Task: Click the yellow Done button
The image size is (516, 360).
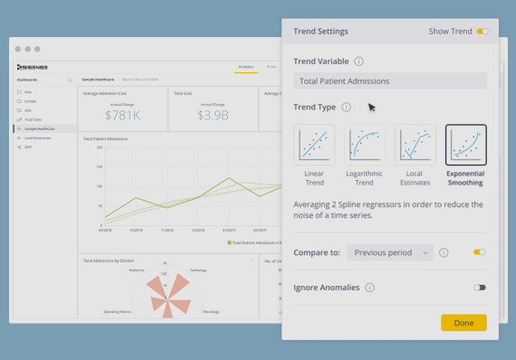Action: [x=463, y=322]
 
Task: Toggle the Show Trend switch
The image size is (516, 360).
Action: [x=482, y=32]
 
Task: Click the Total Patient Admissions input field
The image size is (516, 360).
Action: [x=389, y=81]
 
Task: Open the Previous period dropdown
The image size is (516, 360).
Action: [x=389, y=252]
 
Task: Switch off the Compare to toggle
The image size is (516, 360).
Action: [x=479, y=252]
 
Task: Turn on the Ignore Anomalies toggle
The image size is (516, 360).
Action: [x=479, y=288]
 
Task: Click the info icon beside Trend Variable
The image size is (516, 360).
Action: [x=359, y=62]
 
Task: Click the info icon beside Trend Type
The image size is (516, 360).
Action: [x=347, y=107]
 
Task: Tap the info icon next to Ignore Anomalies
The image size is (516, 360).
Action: [x=370, y=288]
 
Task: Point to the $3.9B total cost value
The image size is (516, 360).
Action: [x=212, y=115]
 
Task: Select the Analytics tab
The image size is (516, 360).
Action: [x=245, y=67]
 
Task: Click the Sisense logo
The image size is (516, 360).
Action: [x=33, y=67]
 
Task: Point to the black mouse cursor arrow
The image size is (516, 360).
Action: [x=371, y=107]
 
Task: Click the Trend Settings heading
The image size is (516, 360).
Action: [x=320, y=32]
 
